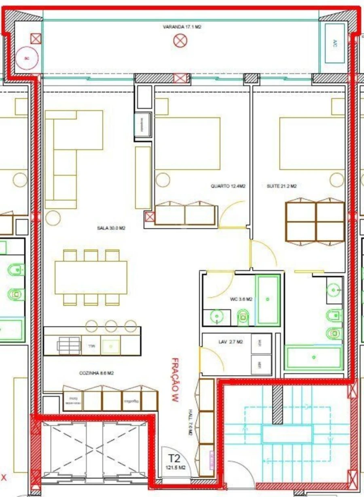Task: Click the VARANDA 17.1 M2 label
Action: (182, 27)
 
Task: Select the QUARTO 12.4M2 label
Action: (228, 186)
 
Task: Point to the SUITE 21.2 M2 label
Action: (281, 186)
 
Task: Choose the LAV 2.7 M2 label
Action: (231, 342)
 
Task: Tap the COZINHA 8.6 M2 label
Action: (96, 373)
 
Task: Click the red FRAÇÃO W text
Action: (174, 379)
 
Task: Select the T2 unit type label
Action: (174, 459)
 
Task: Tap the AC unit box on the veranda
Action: (334, 42)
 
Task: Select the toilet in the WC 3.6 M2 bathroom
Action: (243, 317)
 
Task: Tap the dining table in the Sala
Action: (91, 277)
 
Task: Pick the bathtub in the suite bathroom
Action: (314, 357)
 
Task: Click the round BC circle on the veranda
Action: (27, 59)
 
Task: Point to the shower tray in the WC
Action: (268, 300)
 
